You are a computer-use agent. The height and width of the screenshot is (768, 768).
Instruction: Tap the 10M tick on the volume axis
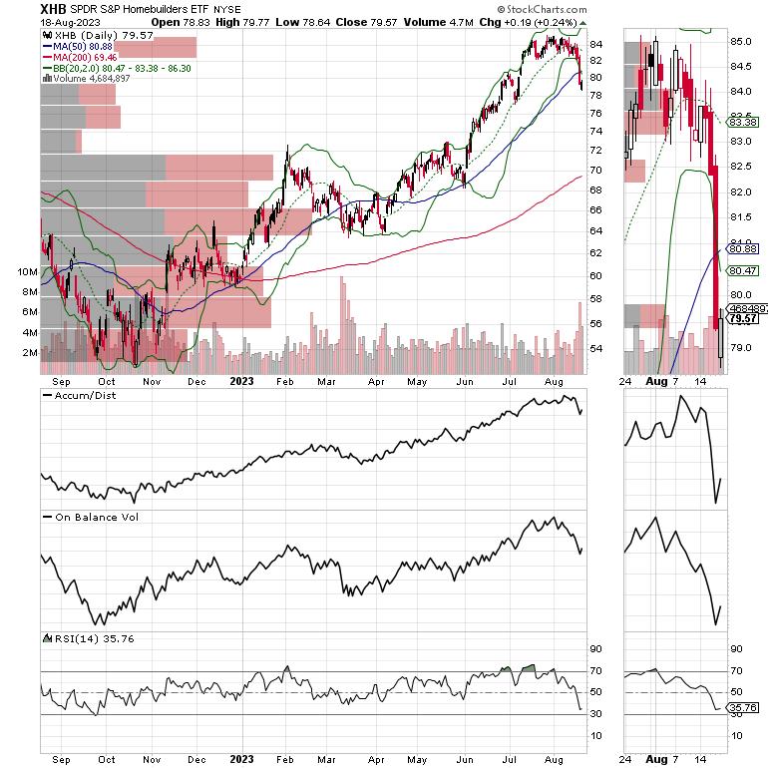(x=27, y=271)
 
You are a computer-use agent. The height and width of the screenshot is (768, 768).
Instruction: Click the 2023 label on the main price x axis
(x=242, y=379)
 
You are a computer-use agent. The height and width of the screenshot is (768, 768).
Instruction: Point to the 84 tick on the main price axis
(x=595, y=43)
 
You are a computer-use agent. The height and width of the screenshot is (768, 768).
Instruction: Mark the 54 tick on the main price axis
(x=595, y=348)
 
